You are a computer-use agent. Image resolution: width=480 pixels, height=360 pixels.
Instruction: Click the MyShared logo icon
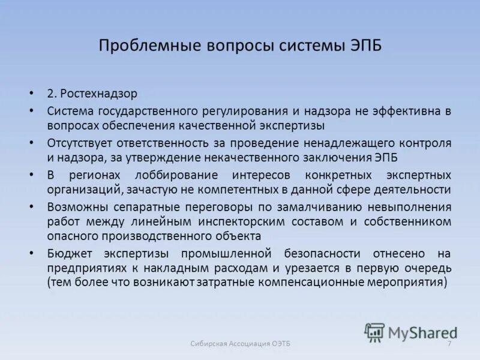375,332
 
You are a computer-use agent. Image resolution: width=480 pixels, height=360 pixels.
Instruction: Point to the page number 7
449,343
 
